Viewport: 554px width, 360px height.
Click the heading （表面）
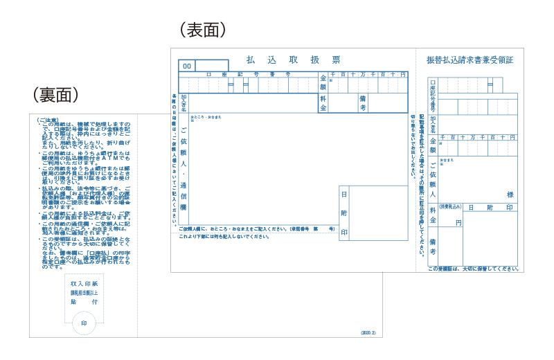pyautogui.click(x=203, y=30)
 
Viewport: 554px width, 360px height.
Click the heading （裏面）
pyautogui.click(x=55, y=94)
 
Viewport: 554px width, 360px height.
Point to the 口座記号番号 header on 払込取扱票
pyautogui.click(x=248, y=73)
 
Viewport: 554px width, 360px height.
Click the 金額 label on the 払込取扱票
pyautogui.click(x=323, y=82)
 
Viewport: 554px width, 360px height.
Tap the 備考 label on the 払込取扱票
pyautogui.click(x=362, y=103)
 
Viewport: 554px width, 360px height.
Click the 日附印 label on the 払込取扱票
pyautogui.click(x=344, y=214)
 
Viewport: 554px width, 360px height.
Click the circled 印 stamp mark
pyautogui.click(x=84, y=323)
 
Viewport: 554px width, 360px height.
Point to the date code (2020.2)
pyautogui.click(x=368, y=333)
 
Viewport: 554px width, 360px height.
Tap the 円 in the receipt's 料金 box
pyautogui.click(x=458, y=222)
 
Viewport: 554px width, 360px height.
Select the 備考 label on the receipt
pyautogui.click(x=433, y=246)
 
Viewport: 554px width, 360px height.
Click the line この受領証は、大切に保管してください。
pyautogui.click(x=472, y=269)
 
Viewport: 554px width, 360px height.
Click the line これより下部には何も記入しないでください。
pyautogui.click(x=224, y=237)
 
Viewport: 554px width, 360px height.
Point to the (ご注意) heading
pyautogui.click(x=48, y=119)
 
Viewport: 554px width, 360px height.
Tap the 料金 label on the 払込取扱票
pyautogui.click(x=323, y=103)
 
